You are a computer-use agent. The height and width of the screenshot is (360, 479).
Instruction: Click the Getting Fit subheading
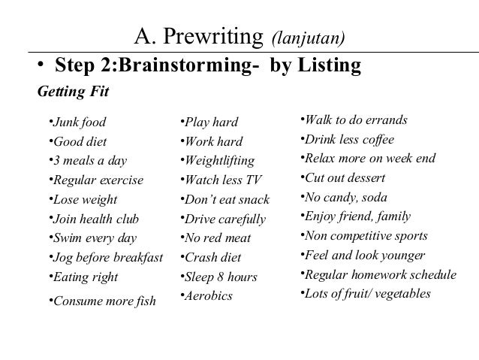coord(73,92)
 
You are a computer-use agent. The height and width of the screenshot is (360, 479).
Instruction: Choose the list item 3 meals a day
coord(89,161)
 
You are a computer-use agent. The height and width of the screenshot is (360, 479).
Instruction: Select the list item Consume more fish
coord(103,301)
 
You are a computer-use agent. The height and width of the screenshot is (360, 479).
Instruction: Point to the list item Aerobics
coord(208,296)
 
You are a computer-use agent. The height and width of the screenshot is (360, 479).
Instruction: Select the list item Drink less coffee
coord(349,140)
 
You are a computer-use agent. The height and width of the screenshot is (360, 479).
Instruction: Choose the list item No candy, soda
coord(345,198)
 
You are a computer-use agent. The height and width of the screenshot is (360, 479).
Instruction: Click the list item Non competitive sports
coord(366,236)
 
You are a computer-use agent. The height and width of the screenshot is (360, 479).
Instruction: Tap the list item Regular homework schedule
coord(380,274)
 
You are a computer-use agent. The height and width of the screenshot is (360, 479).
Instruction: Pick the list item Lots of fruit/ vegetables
coord(367,293)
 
